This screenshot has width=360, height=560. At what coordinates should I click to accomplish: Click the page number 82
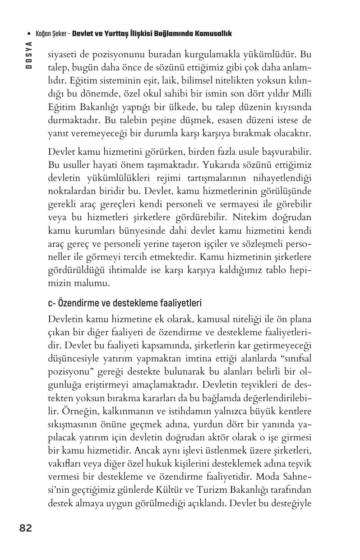[26, 528]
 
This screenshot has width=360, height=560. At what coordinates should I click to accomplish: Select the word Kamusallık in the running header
[212, 34]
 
